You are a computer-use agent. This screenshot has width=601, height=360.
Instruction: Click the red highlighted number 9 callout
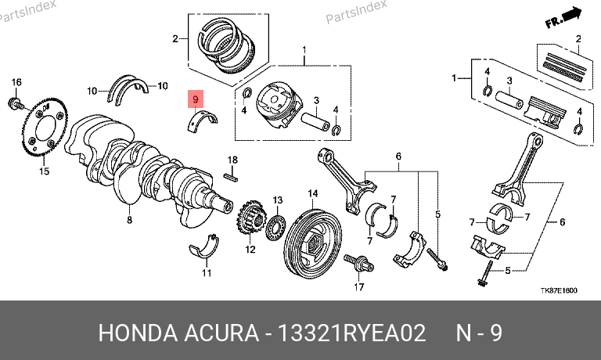point(196,99)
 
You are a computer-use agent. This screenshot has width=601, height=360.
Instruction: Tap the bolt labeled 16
point(16,103)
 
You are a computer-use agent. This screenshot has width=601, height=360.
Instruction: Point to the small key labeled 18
point(231,177)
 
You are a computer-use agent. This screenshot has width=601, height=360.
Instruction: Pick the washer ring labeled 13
point(275,229)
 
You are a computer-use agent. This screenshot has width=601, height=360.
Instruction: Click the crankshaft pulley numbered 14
point(314,242)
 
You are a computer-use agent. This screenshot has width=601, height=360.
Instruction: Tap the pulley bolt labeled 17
point(359,264)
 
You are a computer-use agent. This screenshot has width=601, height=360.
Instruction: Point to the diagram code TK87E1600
point(559,290)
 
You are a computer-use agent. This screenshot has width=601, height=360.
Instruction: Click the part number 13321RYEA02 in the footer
point(351,333)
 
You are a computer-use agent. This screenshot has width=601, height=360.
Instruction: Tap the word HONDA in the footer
point(138,333)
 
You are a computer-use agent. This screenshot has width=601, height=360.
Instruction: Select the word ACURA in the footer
point(221,333)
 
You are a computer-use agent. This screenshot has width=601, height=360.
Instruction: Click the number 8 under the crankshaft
point(130,220)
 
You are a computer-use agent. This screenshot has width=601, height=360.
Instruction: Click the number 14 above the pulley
point(313,193)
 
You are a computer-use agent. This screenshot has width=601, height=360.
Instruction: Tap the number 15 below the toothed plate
point(44,171)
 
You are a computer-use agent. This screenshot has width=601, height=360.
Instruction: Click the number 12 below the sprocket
point(250,250)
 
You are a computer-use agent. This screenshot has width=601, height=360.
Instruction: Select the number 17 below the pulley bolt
point(359,286)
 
